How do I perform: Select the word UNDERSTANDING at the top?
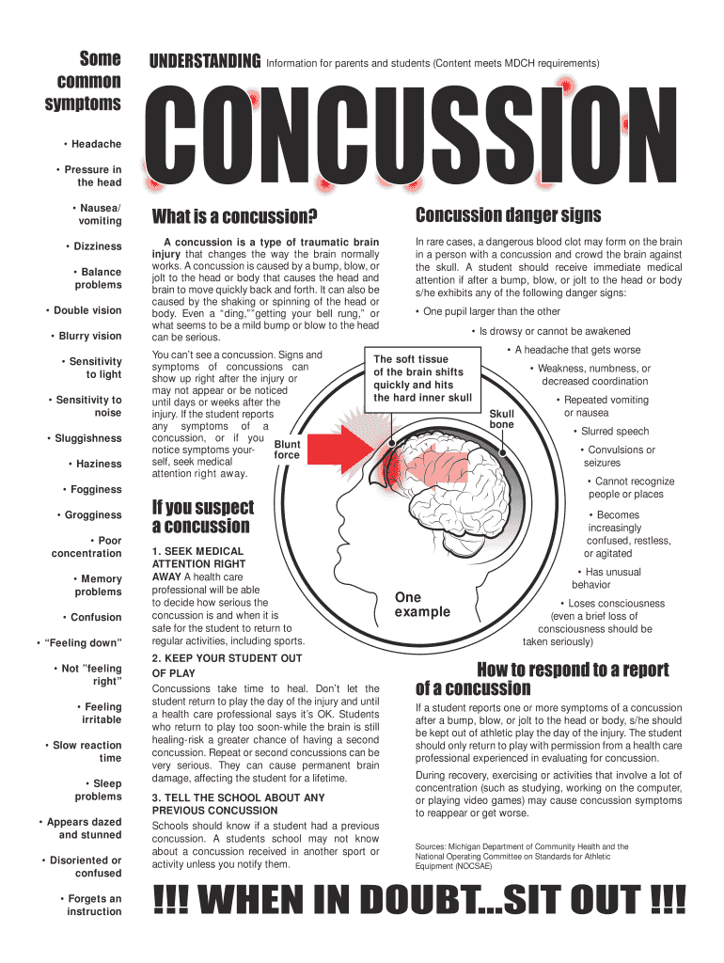pos(205,62)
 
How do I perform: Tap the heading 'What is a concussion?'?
pos(234,217)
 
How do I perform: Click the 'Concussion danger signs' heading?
pos(508,215)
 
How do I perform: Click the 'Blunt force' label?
pos(287,450)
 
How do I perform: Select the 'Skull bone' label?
pos(502,418)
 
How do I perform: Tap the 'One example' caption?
pos(422,605)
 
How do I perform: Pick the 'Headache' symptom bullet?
pos(92,144)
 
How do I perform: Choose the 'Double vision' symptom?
pos(84,310)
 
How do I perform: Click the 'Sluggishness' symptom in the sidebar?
pos(85,438)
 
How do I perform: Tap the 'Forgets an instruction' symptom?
pos(92,905)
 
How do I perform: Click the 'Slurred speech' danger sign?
pos(612,432)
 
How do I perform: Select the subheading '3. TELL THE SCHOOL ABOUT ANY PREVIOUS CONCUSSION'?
pos(238,803)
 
